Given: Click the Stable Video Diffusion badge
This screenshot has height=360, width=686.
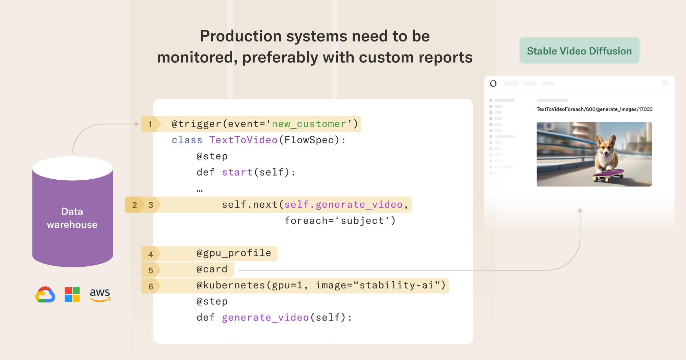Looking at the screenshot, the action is point(579,50).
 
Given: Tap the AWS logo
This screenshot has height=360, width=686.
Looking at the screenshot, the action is point(100,295).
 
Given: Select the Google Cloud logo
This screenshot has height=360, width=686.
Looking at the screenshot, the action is point(45,295).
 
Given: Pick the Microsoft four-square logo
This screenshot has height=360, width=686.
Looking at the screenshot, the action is point(72,295).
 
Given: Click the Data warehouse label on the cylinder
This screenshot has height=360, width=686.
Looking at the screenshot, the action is point(72,218).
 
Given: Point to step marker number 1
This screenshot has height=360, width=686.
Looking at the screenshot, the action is point(150,124).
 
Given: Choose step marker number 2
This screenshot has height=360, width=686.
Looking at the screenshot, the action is point(134,205).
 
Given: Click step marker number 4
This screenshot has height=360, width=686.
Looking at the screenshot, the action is point(151,254).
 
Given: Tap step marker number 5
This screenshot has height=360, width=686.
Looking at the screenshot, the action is point(151,270).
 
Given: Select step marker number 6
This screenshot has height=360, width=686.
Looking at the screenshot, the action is point(151,286).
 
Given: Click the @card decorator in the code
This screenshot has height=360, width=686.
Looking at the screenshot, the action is point(212,269).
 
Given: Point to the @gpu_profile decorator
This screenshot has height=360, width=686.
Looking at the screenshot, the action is point(234,253).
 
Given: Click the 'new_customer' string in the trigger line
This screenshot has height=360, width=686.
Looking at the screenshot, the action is point(309,124).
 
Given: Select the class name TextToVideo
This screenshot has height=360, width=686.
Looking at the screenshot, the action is point(243,140).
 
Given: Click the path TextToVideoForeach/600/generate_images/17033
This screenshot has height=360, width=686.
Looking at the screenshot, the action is point(594,109).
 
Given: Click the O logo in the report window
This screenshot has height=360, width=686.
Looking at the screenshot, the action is point(493,83).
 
